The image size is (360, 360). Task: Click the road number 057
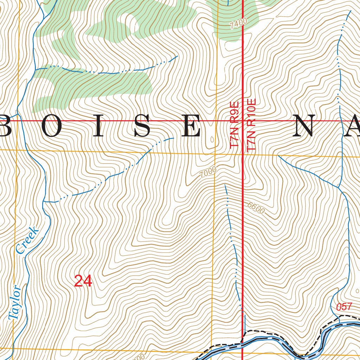click(344, 307)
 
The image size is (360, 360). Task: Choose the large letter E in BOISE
click(192, 126)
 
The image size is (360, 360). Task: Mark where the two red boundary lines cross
click(243, 121)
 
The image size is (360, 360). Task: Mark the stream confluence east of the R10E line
click(339, 186)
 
